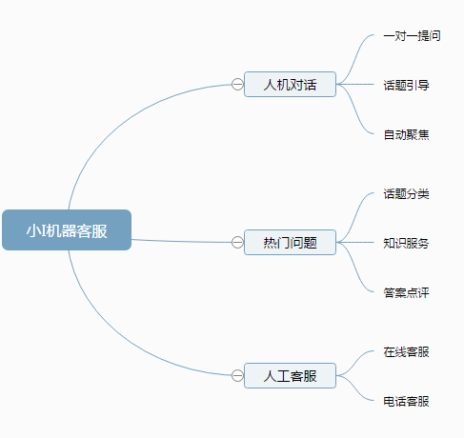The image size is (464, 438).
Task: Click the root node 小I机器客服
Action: point(67,229)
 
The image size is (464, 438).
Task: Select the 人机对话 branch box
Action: point(290,84)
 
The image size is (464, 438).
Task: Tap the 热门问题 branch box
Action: point(290,242)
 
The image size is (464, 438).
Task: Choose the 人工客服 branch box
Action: point(290,375)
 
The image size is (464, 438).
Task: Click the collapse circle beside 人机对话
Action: point(237,85)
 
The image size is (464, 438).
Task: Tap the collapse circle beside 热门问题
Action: point(237,243)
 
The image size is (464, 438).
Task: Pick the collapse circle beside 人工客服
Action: point(237,376)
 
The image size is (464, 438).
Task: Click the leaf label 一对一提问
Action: point(412,36)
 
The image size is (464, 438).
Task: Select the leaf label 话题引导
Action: point(406,85)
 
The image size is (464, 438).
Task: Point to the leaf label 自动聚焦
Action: point(406,134)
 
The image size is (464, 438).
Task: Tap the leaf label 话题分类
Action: point(406,193)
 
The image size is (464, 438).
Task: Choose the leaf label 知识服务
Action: point(406,243)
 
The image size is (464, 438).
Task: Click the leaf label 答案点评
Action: point(406,292)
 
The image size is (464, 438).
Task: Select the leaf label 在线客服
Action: point(406,351)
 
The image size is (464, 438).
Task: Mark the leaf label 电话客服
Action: point(406,401)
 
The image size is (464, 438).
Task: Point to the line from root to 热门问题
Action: point(181,242)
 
